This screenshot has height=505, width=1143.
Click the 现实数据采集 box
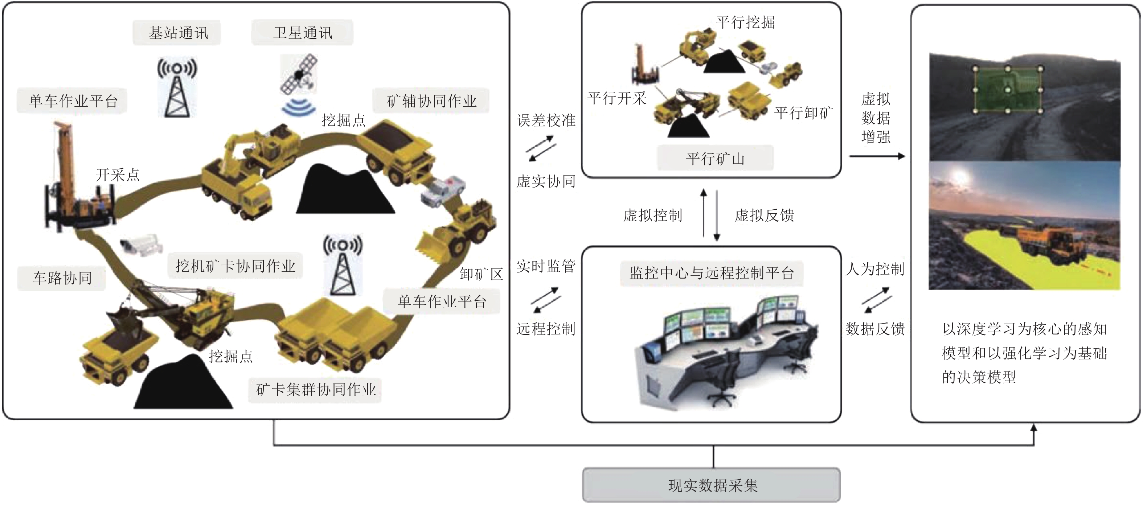[x=711, y=485]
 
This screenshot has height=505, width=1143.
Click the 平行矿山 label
[x=715, y=158]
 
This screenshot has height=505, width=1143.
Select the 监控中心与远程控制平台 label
[x=712, y=273]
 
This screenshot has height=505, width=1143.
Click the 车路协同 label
[x=62, y=278]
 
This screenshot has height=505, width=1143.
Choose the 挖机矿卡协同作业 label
[x=235, y=266]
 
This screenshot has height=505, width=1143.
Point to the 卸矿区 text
[x=481, y=274]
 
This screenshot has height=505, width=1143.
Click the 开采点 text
[x=118, y=175]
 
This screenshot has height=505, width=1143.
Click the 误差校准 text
[x=546, y=120]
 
